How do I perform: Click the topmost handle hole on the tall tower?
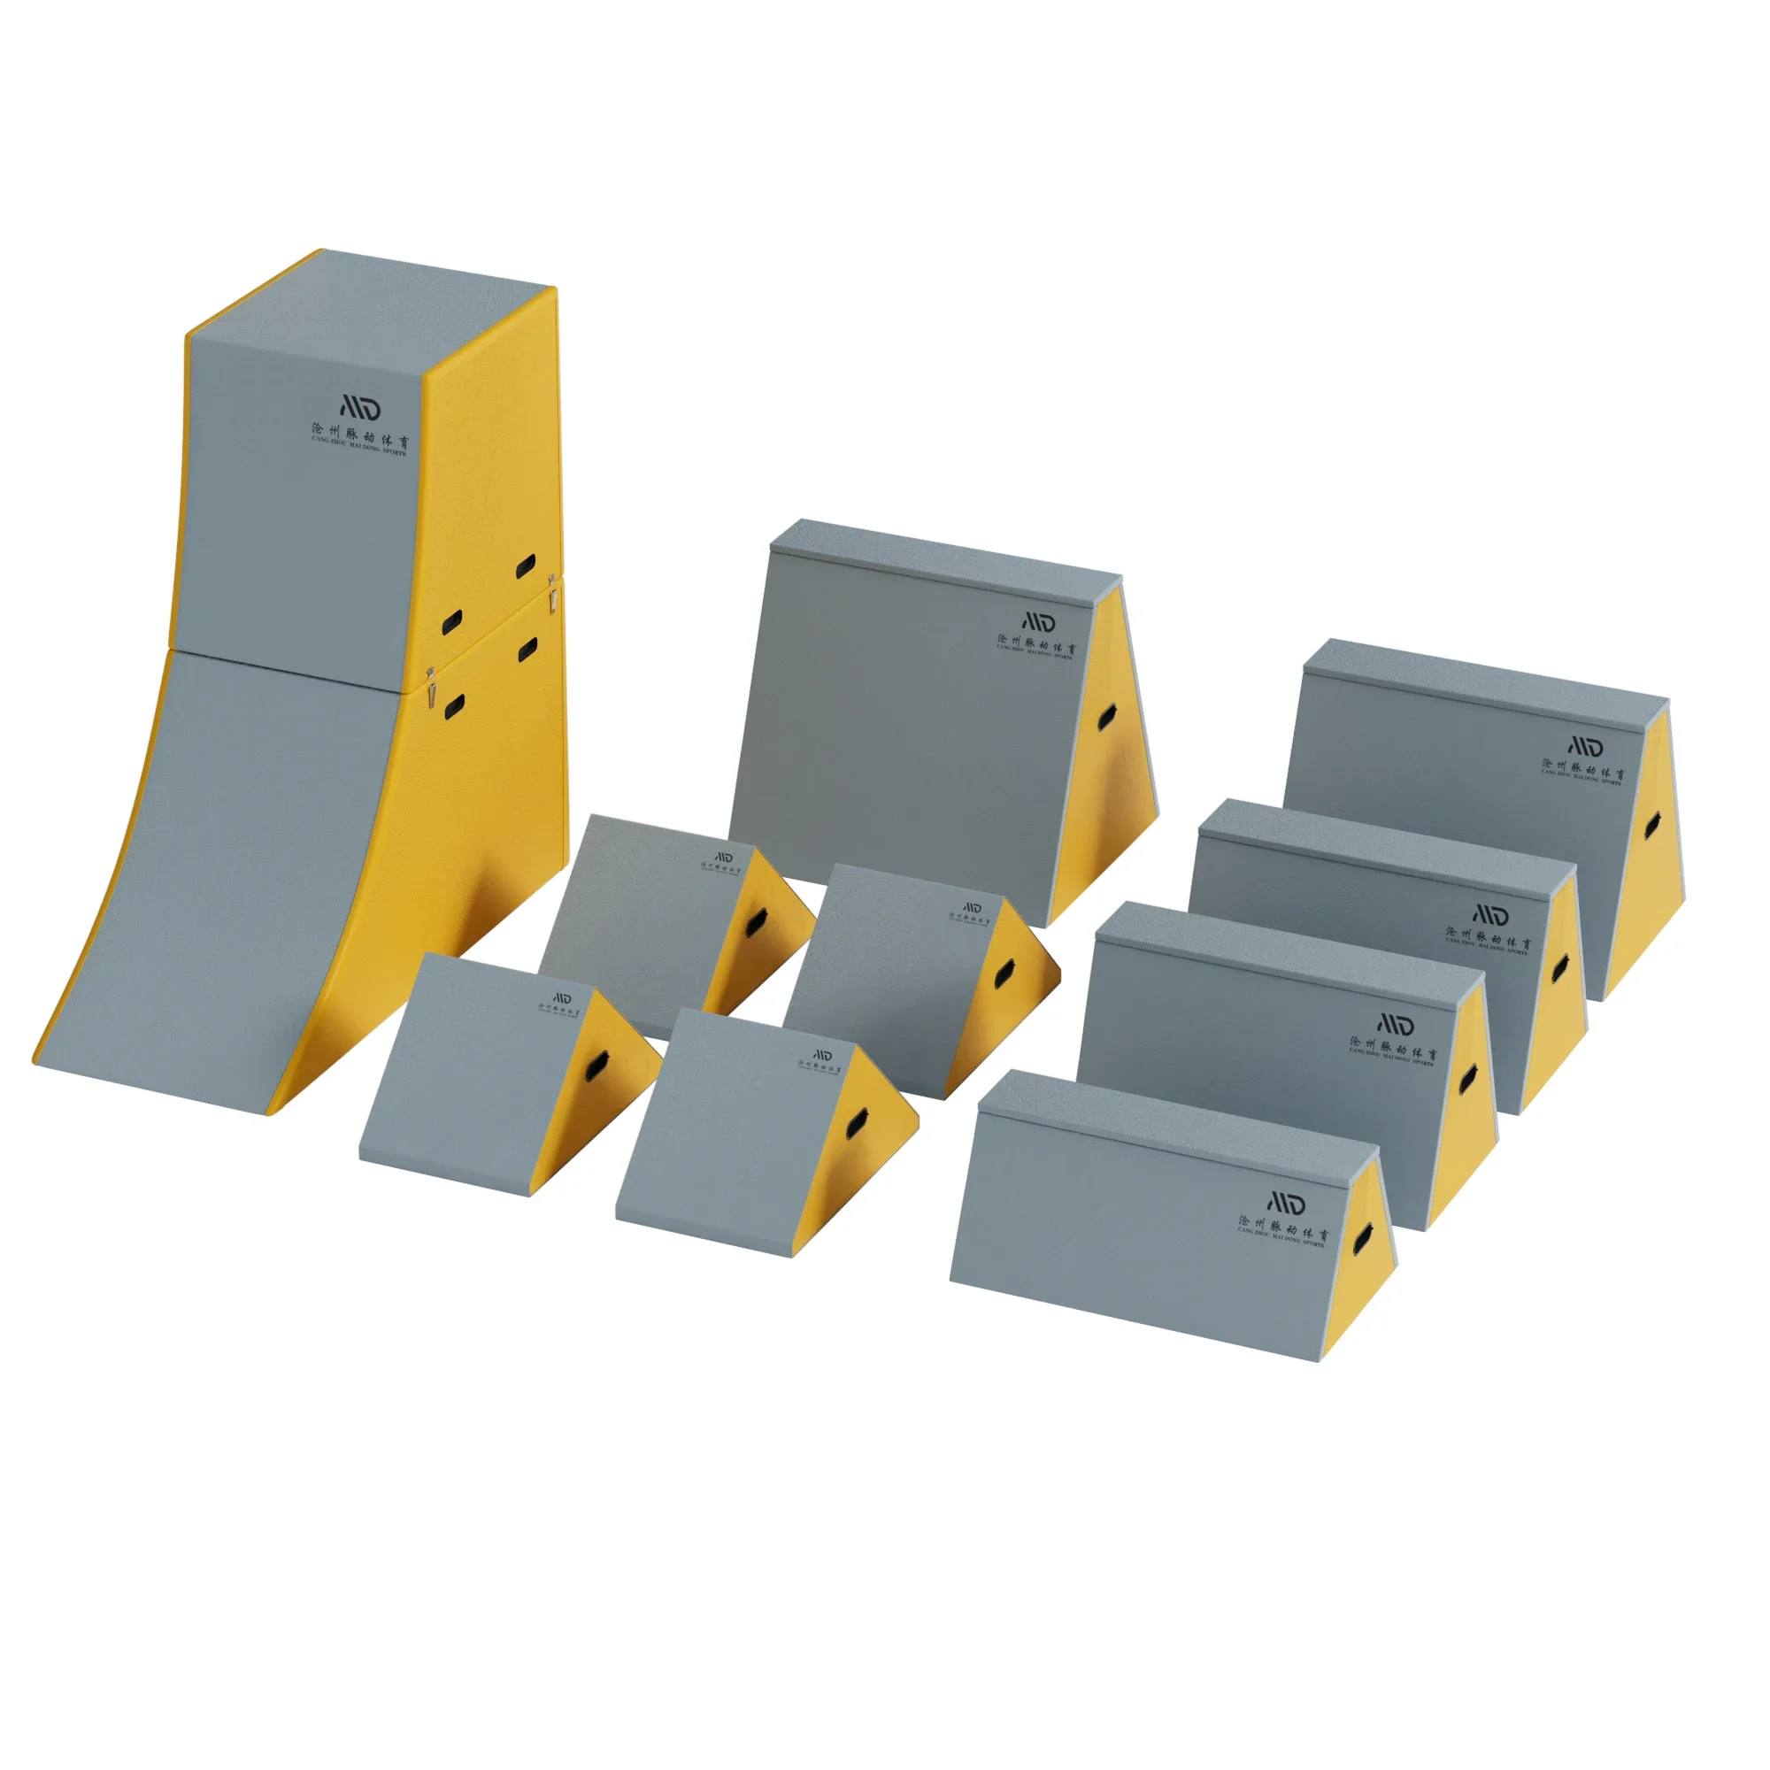click(527, 566)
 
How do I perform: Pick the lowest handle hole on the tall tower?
click(453, 706)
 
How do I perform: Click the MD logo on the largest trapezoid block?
click(1038, 622)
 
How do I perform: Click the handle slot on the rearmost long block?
click(1651, 827)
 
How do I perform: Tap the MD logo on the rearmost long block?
click(1586, 746)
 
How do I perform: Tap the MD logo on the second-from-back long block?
click(1490, 914)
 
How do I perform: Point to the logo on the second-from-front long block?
click(1396, 1024)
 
